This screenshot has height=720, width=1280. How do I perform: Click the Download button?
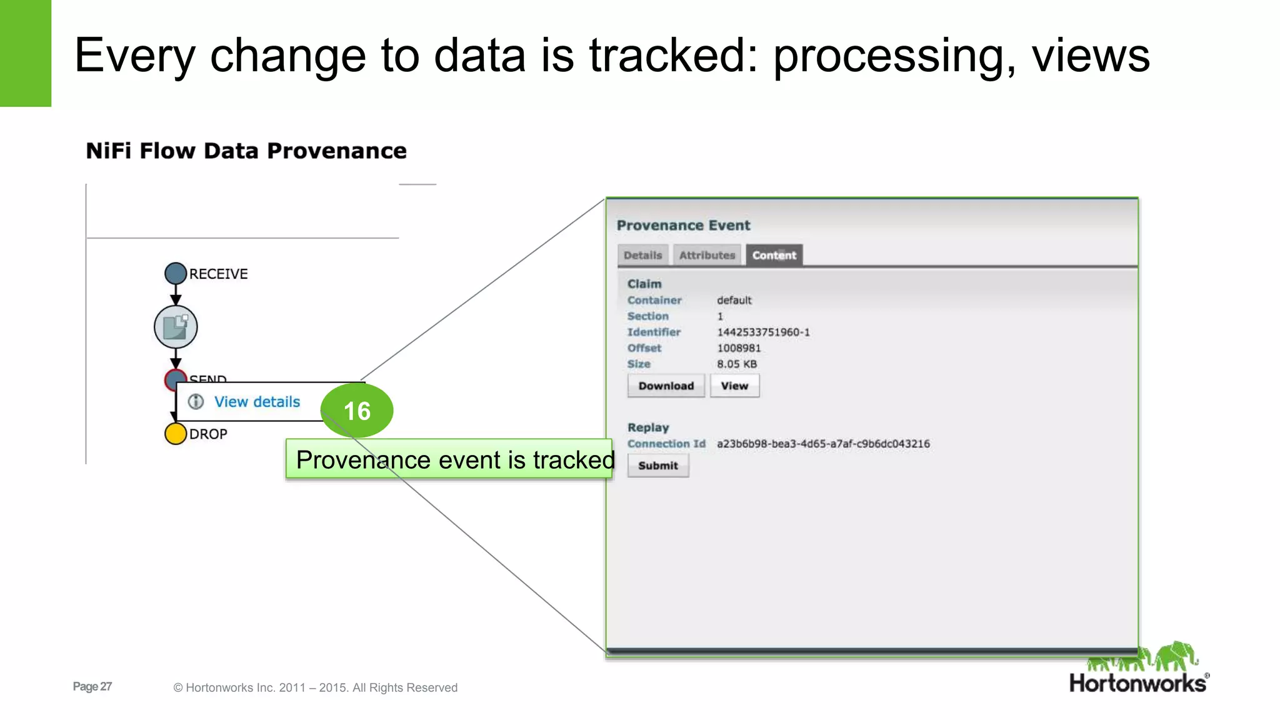tap(666, 386)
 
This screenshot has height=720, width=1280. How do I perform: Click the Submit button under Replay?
tap(657, 466)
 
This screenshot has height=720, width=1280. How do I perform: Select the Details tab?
tap(642, 255)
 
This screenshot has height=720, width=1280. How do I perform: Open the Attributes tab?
tap(707, 255)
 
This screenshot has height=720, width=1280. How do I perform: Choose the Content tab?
tap(774, 255)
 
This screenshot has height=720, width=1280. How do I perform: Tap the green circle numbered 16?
tap(357, 411)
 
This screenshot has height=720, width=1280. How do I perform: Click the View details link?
tap(257, 402)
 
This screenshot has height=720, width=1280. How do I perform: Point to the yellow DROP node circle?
tap(176, 434)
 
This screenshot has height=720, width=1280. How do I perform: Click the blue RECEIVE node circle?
tap(176, 273)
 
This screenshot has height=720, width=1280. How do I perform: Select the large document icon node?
tap(176, 327)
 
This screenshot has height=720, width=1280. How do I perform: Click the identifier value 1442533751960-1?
tap(763, 332)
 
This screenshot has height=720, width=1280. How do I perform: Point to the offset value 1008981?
tap(739, 348)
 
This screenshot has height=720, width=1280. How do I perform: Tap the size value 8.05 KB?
tap(737, 364)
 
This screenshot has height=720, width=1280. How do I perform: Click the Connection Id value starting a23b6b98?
tap(823, 444)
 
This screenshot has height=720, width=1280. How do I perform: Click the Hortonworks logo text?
tap(1137, 683)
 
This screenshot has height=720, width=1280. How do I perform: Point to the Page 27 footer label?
tap(92, 686)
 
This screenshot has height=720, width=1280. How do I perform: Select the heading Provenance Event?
tap(683, 226)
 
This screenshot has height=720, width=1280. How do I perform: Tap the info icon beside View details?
tap(196, 401)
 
